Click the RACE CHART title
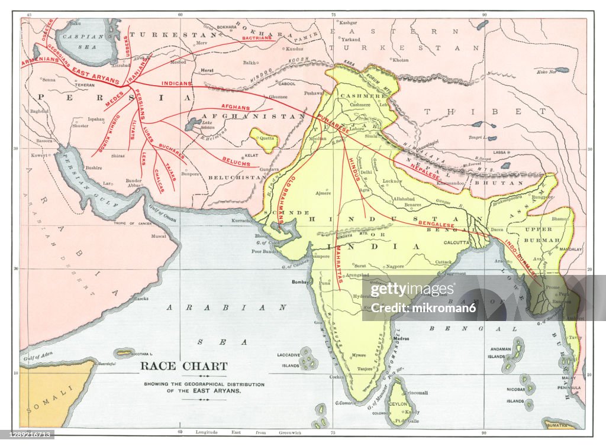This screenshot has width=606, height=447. [x=183, y=366]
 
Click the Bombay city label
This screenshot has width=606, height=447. [x=301, y=283]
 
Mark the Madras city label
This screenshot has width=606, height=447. [x=401, y=339]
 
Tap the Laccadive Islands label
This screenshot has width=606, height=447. [x=290, y=359]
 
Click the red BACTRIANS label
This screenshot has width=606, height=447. [x=257, y=38]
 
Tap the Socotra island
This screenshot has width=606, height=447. [x=124, y=352]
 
